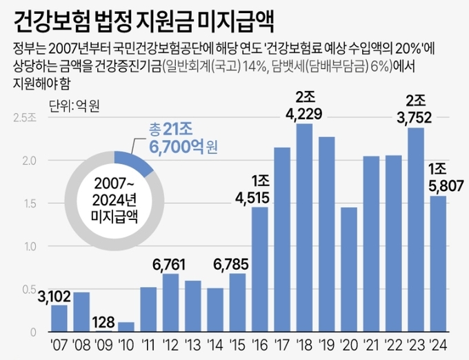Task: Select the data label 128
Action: pyautogui.click(x=103, y=320)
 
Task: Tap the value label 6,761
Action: pyautogui.click(x=170, y=263)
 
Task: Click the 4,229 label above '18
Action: pyautogui.click(x=304, y=112)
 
